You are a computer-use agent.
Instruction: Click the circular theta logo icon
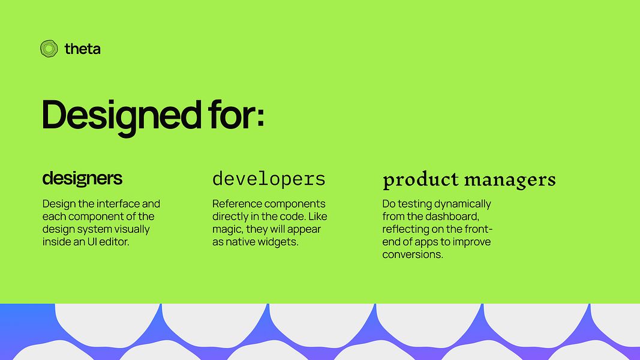(x=49, y=49)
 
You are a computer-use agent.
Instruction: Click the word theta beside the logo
(x=82, y=49)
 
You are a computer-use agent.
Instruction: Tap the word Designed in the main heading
(x=122, y=116)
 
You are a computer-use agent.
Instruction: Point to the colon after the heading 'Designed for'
(x=260, y=116)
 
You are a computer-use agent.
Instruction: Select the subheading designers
(x=82, y=178)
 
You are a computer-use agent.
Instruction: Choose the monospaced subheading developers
(x=269, y=179)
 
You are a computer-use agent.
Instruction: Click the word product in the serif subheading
(x=420, y=180)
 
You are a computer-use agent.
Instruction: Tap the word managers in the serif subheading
(x=510, y=181)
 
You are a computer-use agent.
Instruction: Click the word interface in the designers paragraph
(x=118, y=203)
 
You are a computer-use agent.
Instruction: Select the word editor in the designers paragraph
(x=114, y=242)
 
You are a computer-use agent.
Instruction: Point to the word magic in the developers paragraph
(x=228, y=229)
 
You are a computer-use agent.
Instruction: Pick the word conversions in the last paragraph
(x=413, y=254)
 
